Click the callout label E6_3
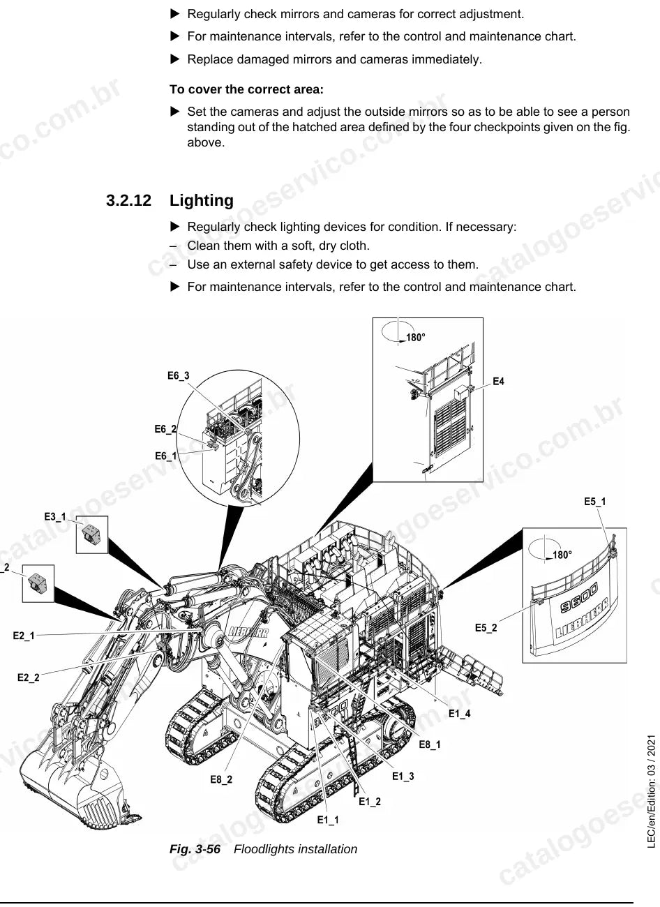[x=178, y=376]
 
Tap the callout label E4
[x=498, y=382]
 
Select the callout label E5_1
[x=595, y=502]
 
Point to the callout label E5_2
[x=486, y=628]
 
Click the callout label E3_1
[x=55, y=517]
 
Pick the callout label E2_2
[x=29, y=677]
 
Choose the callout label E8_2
[x=221, y=779]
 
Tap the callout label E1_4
[x=460, y=714]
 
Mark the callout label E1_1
[x=328, y=820]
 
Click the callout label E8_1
[x=430, y=744]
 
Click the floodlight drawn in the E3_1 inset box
[x=91, y=534]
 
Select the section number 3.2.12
[x=129, y=201]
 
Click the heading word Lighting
[x=202, y=201]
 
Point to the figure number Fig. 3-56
[x=195, y=849]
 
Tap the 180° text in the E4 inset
[x=415, y=337]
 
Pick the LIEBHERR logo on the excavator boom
[x=248, y=633]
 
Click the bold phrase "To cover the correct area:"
[x=246, y=89]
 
